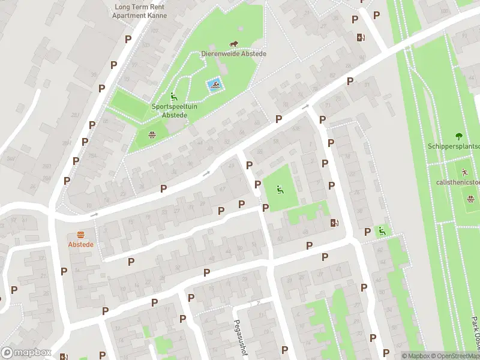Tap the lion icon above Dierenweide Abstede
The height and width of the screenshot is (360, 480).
point(235,44)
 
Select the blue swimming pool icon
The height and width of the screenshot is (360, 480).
point(214,86)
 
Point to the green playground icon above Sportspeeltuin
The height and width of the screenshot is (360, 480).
point(173,97)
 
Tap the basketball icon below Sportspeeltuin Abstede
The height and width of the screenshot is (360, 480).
point(152,134)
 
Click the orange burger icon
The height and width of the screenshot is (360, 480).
point(80,235)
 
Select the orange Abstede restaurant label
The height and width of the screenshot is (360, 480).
point(80,245)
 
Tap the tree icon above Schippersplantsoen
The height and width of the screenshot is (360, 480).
point(459,136)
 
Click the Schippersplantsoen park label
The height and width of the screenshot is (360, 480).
point(454,146)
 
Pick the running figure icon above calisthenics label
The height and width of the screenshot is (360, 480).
point(464,172)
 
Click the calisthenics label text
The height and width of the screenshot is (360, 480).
point(458,181)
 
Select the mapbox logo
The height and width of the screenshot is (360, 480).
point(26,353)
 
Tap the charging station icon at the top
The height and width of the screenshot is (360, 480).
point(360,37)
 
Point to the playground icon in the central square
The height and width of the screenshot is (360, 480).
point(279,190)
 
